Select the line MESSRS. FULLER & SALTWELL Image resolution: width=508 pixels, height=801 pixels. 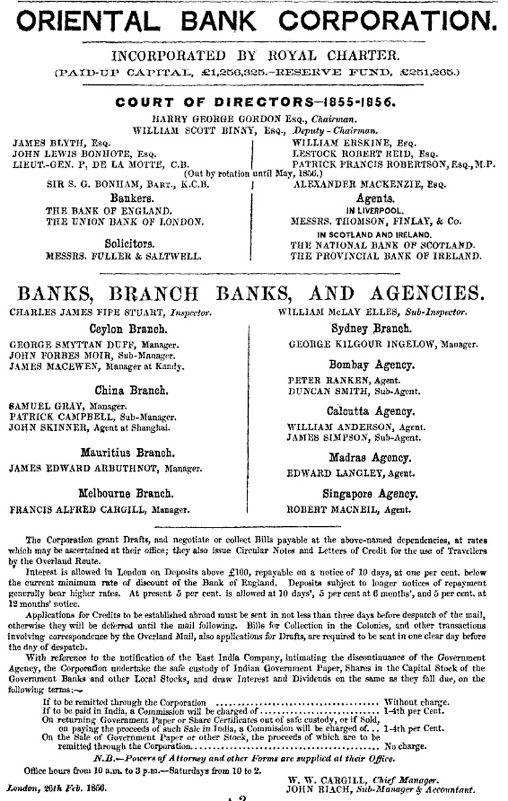pos(125,255)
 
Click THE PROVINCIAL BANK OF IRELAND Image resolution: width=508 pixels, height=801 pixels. pos(385,255)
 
